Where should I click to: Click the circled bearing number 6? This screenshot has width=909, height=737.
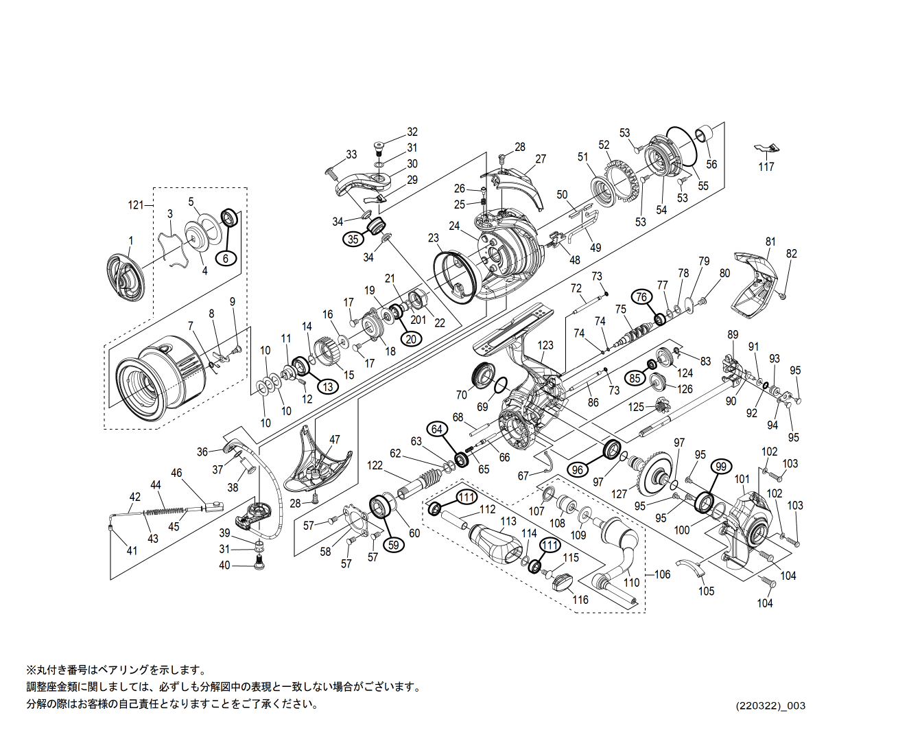click(225, 258)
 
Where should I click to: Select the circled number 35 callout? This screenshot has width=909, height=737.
click(353, 239)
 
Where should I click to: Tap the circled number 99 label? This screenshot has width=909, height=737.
click(720, 467)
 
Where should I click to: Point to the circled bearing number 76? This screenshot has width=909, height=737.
click(641, 296)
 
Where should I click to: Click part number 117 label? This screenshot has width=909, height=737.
click(766, 167)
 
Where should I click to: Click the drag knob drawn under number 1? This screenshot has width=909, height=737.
click(126, 278)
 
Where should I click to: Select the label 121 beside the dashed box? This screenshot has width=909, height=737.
click(135, 205)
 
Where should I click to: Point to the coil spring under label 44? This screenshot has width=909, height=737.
click(165, 512)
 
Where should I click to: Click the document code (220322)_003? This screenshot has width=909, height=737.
click(770, 705)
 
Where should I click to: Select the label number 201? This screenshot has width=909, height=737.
click(418, 320)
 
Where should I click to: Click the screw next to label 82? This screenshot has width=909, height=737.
click(781, 295)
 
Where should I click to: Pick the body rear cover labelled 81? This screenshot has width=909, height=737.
click(756, 288)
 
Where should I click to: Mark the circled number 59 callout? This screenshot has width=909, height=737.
click(393, 545)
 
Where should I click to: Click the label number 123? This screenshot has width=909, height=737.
click(545, 346)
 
